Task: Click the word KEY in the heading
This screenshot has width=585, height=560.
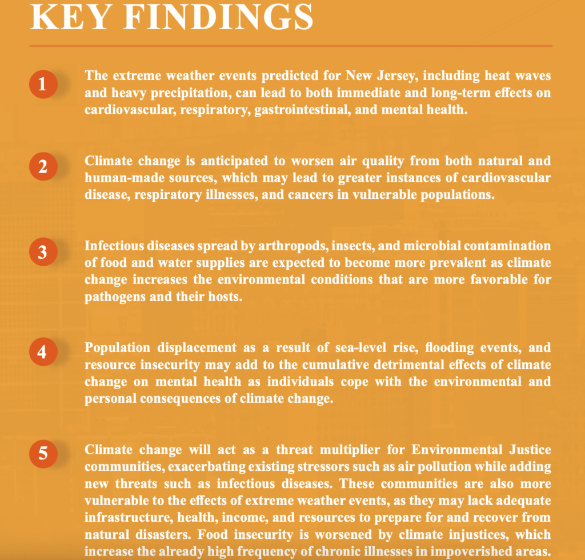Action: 73,18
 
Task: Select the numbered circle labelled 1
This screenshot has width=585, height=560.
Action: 42,84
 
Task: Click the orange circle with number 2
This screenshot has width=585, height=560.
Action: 42,168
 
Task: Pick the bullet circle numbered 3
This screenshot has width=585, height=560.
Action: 42,252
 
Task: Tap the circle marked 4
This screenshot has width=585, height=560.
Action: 42,351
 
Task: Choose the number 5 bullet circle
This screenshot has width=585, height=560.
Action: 42,454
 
